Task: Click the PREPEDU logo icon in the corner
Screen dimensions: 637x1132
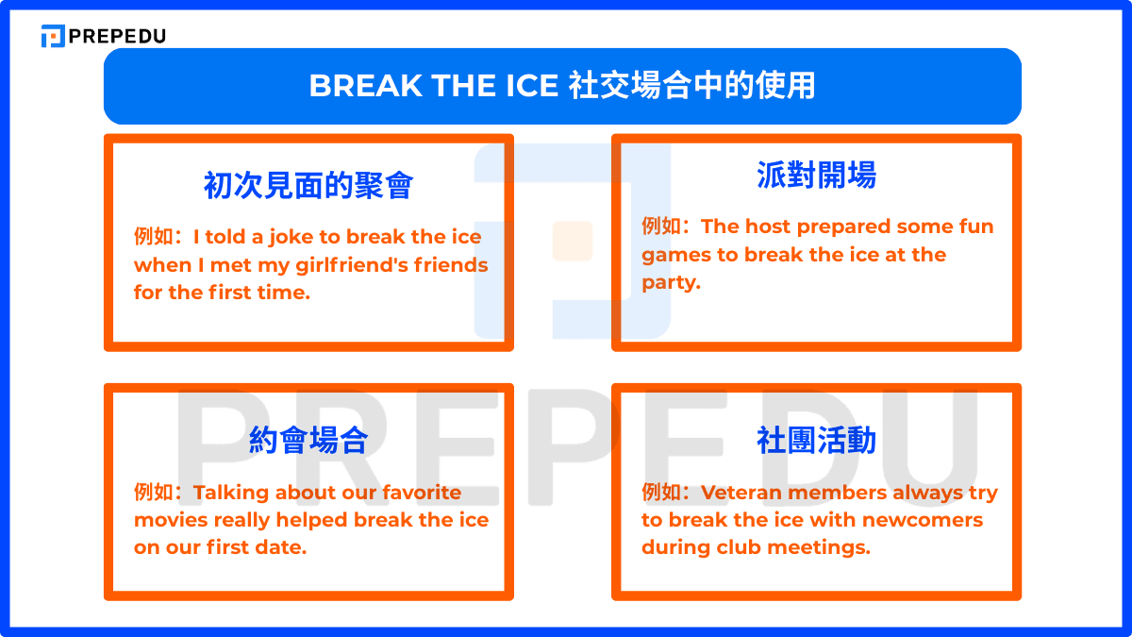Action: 53,36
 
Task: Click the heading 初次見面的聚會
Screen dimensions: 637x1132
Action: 308,185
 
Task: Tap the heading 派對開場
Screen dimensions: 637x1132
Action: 816,175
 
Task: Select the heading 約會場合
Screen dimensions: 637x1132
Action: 308,441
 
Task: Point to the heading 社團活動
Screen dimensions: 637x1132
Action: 816,441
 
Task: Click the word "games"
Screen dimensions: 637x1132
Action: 674,255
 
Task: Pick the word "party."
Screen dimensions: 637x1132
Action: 672,283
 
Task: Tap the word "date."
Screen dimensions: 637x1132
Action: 280,547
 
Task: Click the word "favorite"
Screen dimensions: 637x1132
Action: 422,493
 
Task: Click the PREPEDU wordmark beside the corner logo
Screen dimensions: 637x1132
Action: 118,36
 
